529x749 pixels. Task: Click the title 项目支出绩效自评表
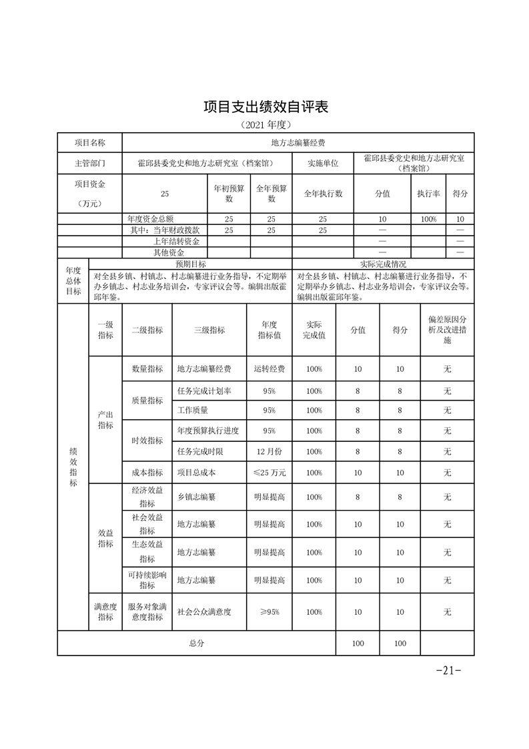pos(266,107)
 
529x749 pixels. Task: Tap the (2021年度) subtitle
pos(266,125)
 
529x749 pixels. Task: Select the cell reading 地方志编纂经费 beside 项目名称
pos(298,143)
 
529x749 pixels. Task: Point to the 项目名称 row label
pos(89,143)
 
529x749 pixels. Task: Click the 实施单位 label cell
pos(323,163)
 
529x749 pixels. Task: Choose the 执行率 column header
pos(428,194)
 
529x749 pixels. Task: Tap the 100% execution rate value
pos(428,219)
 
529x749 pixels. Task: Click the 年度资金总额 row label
pos(151,219)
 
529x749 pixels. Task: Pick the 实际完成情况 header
pos(383,264)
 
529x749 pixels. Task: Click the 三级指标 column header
pos(209,330)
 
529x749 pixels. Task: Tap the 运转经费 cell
pos(270,369)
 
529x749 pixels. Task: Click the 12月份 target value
pos(270,451)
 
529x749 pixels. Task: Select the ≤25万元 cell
pos(270,473)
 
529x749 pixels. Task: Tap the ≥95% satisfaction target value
pos(270,611)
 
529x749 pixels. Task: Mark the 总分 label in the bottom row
pos(196,643)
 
